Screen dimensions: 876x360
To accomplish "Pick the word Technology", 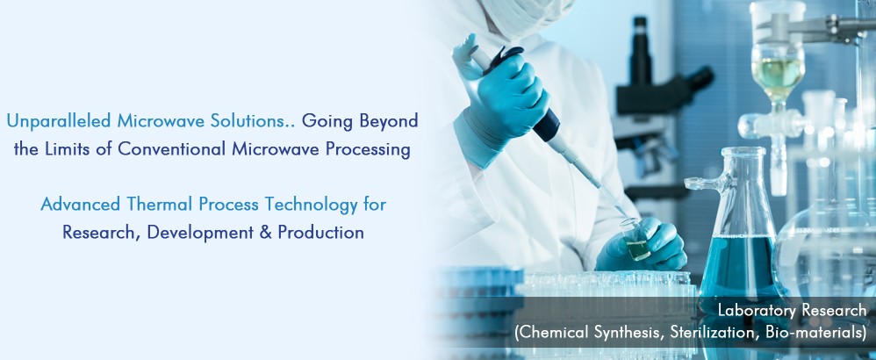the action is (312, 205).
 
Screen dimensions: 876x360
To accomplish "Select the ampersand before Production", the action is (265, 233).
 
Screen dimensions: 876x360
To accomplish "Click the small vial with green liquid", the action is (636, 241).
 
